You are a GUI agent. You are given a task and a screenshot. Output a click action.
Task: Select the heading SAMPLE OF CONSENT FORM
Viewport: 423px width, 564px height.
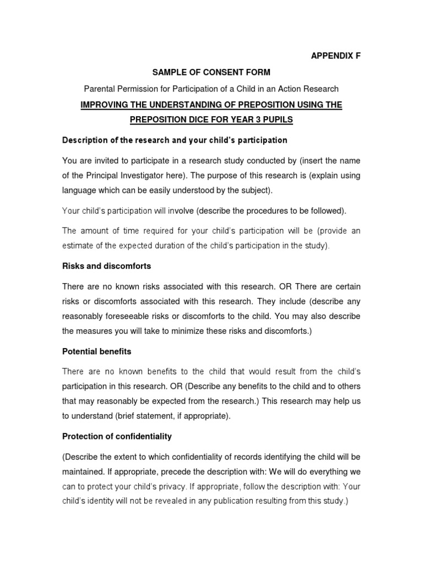(211, 72)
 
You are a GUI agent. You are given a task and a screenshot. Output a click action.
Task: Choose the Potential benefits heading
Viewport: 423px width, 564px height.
(96, 351)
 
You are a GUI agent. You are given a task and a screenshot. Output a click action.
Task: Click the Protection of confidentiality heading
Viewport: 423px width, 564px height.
(117, 436)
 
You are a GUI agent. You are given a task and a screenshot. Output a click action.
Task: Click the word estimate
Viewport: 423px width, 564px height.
(78, 246)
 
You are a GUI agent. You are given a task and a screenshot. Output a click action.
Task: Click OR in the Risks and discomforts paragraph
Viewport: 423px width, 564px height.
(285, 287)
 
